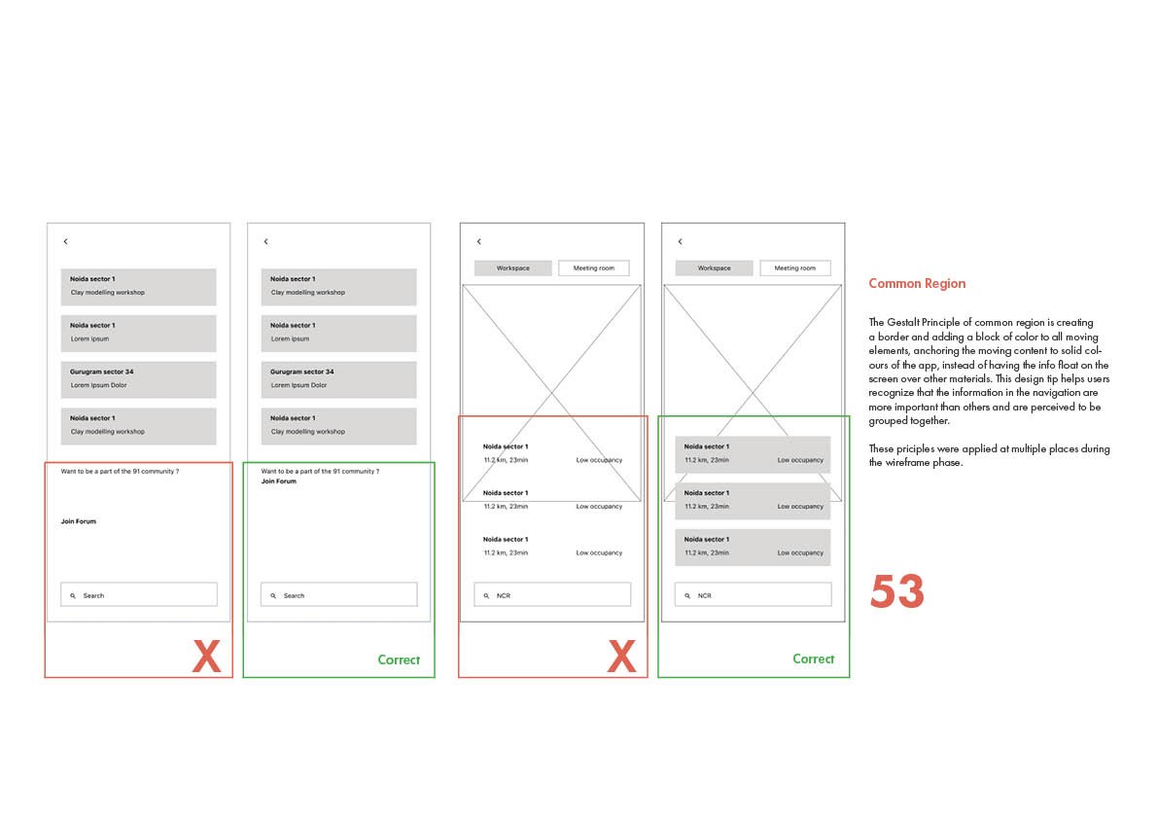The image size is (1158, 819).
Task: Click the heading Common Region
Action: click(917, 284)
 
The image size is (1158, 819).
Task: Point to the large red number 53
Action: click(896, 591)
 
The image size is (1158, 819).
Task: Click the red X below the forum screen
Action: click(207, 656)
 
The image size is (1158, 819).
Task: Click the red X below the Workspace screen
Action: click(621, 656)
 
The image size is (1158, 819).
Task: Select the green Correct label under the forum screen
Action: click(399, 660)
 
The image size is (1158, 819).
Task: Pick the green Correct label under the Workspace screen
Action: click(813, 659)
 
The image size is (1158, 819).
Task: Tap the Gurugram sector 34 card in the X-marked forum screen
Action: click(139, 379)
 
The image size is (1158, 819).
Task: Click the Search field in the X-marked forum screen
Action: click(139, 594)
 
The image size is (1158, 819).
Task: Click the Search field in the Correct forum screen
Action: click(339, 594)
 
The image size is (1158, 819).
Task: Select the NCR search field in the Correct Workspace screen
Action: click(754, 594)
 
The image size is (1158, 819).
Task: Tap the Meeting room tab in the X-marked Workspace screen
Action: click(594, 268)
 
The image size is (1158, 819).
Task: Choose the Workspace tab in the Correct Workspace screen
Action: click(715, 268)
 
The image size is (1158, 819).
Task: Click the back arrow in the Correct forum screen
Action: click(265, 241)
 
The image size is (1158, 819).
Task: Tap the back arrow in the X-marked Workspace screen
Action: click(478, 241)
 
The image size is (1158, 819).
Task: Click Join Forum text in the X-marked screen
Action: click(79, 521)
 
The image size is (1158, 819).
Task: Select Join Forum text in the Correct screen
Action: click(278, 481)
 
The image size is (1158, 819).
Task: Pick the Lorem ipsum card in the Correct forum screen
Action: click(339, 333)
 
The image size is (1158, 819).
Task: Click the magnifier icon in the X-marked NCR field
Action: click(486, 595)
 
